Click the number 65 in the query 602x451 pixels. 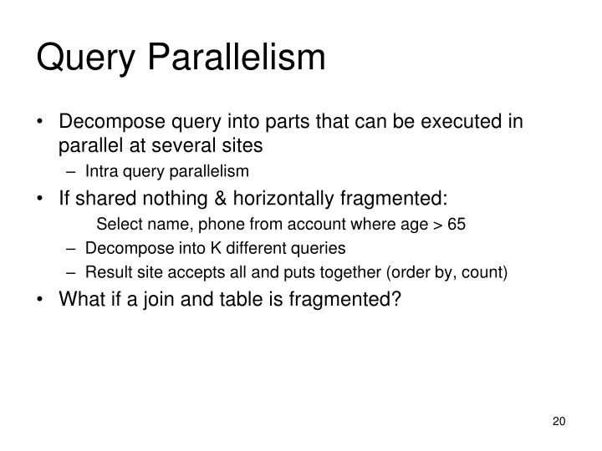pyautogui.click(x=457, y=224)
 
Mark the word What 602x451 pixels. pyautogui.click(x=80, y=298)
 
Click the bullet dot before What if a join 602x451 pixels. pyautogui.click(x=42, y=298)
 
